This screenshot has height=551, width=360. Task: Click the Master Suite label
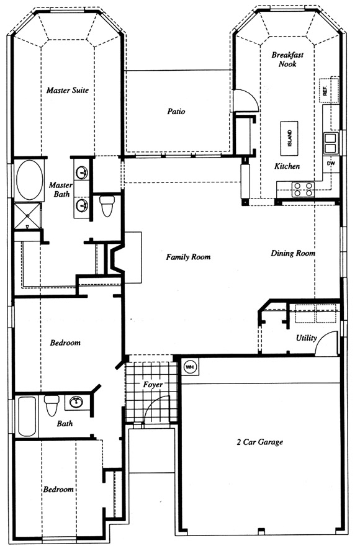coord(68,91)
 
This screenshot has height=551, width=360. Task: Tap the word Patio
coord(176,112)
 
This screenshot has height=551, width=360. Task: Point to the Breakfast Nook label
coord(287,59)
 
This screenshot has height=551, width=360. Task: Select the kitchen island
coord(289,138)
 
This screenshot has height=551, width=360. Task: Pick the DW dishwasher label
coord(331,163)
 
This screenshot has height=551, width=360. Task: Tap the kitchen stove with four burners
coord(304,189)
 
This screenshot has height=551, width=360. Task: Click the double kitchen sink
coord(330,143)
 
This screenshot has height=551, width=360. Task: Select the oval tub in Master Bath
coord(30,179)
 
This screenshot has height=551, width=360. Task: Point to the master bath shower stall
coord(27,215)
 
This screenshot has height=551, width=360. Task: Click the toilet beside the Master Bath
coord(107,206)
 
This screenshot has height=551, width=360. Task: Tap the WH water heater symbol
coord(190,367)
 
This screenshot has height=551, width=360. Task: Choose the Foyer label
coord(153,385)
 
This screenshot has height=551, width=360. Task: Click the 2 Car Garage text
coord(260,442)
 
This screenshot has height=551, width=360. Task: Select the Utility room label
coord(307,338)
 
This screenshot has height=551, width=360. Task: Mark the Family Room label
coord(189,258)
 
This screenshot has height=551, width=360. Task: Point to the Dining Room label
coord(293,253)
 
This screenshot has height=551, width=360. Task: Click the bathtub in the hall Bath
coord(27,416)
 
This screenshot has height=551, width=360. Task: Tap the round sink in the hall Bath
coord(75,401)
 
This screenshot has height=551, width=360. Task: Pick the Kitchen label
coord(287,166)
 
